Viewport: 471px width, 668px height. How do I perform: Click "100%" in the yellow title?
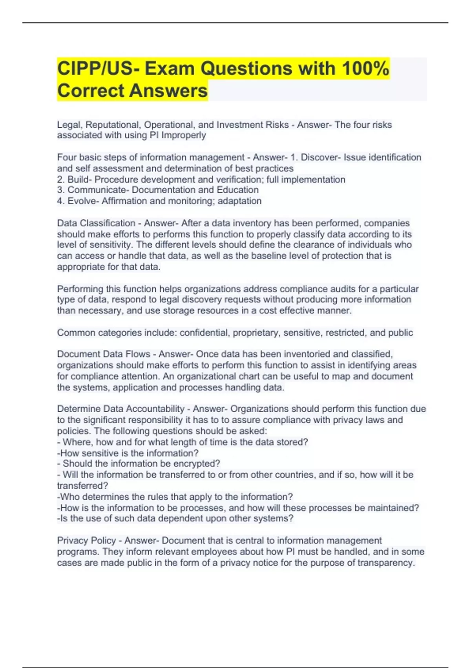365,69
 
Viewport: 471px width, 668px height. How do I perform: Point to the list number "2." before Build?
61,180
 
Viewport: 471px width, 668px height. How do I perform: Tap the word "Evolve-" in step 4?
83,201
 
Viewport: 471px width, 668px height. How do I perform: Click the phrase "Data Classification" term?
96,223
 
